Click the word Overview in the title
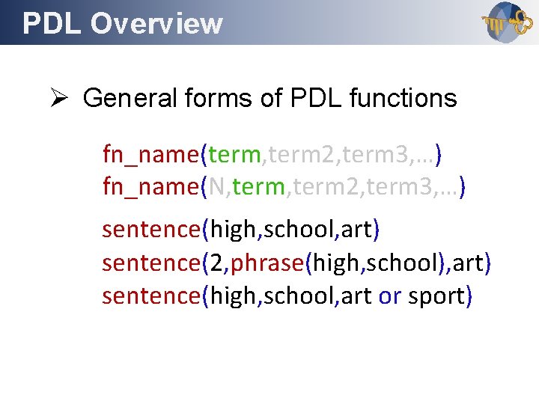point(156,23)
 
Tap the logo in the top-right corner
point(503,23)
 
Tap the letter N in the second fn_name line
point(219,187)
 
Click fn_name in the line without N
point(150,155)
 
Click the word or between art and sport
point(389,296)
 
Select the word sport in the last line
point(436,296)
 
